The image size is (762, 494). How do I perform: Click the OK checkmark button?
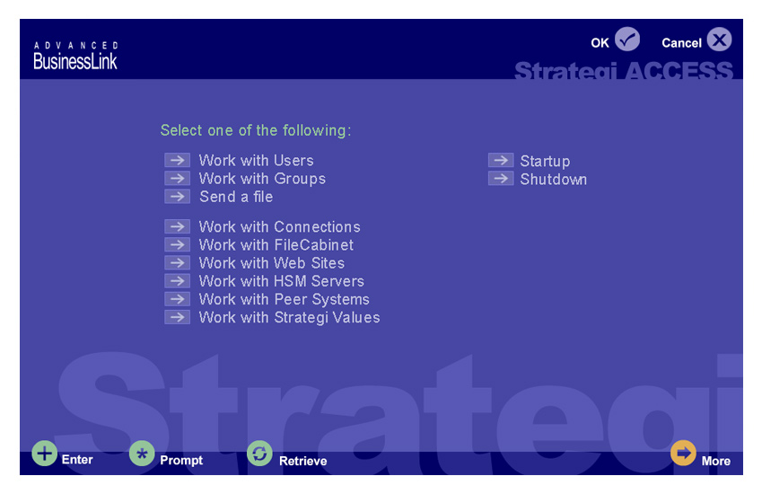tap(626, 39)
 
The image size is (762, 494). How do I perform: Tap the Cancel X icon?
tap(719, 39)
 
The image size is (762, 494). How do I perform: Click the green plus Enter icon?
tap(44, 454)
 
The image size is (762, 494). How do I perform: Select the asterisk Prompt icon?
tap(142, 454)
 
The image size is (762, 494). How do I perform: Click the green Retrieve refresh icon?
tap(259, 454)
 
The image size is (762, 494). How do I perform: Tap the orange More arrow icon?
tap(683, 453)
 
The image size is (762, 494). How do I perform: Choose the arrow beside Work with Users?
tap(177, 160)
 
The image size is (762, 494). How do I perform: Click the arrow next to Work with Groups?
tap(177, 178)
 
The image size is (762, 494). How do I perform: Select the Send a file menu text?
tap(236, 197)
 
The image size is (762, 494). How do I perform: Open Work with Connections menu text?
tap(279, 226)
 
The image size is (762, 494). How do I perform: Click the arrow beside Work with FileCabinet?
tap(177, 244)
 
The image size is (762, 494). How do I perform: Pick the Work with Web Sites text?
tap(272, 263)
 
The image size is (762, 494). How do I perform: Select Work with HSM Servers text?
tap(282, 281)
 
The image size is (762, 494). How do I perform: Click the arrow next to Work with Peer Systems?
tap(177, 299)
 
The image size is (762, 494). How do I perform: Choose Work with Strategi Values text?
tap(289, 317)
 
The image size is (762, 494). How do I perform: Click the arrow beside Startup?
tap(501, 160)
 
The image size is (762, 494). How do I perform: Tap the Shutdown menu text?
tap(554, 180)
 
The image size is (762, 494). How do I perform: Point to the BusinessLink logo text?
tap(75, 61)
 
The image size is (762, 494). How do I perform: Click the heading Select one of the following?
tap(256, 130)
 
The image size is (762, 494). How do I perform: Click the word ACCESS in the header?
tap(679, 70)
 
